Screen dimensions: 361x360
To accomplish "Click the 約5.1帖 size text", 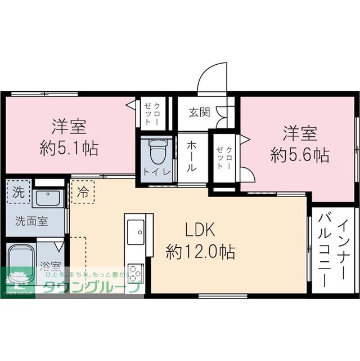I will [x=69, y=149].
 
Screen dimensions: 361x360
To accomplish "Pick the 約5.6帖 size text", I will [x=300, y=154].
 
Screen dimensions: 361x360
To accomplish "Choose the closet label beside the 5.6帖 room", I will [x=223, y=157].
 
